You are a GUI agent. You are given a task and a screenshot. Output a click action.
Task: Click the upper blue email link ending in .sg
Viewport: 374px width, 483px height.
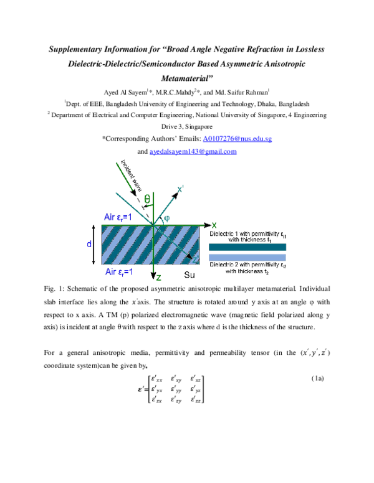(x=237, y=139)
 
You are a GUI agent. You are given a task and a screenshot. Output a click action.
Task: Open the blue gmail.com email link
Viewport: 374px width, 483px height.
(x=193, y=151)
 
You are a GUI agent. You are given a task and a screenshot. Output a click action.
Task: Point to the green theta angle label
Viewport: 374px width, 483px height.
(x=147, y=199)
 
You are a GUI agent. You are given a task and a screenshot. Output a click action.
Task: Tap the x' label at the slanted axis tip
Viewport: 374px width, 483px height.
(x=180, y=188)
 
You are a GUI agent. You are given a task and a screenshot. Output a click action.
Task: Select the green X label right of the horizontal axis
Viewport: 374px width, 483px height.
(x=214, y=225)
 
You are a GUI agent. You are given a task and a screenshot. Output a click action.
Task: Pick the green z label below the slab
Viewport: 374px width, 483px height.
(x=158, y=278)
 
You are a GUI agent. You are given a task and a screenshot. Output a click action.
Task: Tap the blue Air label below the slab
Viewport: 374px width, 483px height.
(x=118, y=272)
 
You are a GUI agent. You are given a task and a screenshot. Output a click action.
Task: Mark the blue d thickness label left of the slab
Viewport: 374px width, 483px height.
(x=89, y=245)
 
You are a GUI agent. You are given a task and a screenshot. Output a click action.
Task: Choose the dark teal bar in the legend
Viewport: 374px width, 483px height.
(x=247, y=246)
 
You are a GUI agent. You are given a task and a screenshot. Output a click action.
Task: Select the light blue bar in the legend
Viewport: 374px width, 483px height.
(x=247, y=257)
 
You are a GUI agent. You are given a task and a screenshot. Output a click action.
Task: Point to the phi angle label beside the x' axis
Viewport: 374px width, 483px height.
(x=166, y=218)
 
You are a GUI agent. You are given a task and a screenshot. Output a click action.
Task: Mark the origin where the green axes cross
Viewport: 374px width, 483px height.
(x=153, y=225)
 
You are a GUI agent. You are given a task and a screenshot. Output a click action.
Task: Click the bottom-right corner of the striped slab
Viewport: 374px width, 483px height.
(x=199, y=265)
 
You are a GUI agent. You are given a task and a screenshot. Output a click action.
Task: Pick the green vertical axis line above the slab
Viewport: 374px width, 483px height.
(x=153, y=209)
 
